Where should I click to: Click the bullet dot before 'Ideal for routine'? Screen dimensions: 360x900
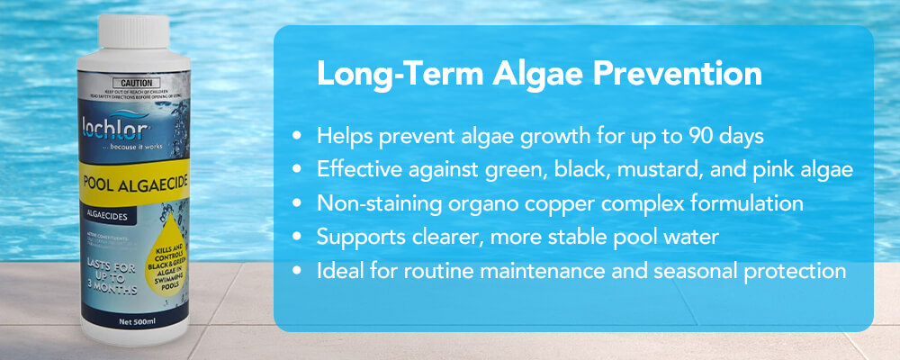tap(298, 271)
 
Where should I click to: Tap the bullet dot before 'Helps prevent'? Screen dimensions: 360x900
tap(298, 136)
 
